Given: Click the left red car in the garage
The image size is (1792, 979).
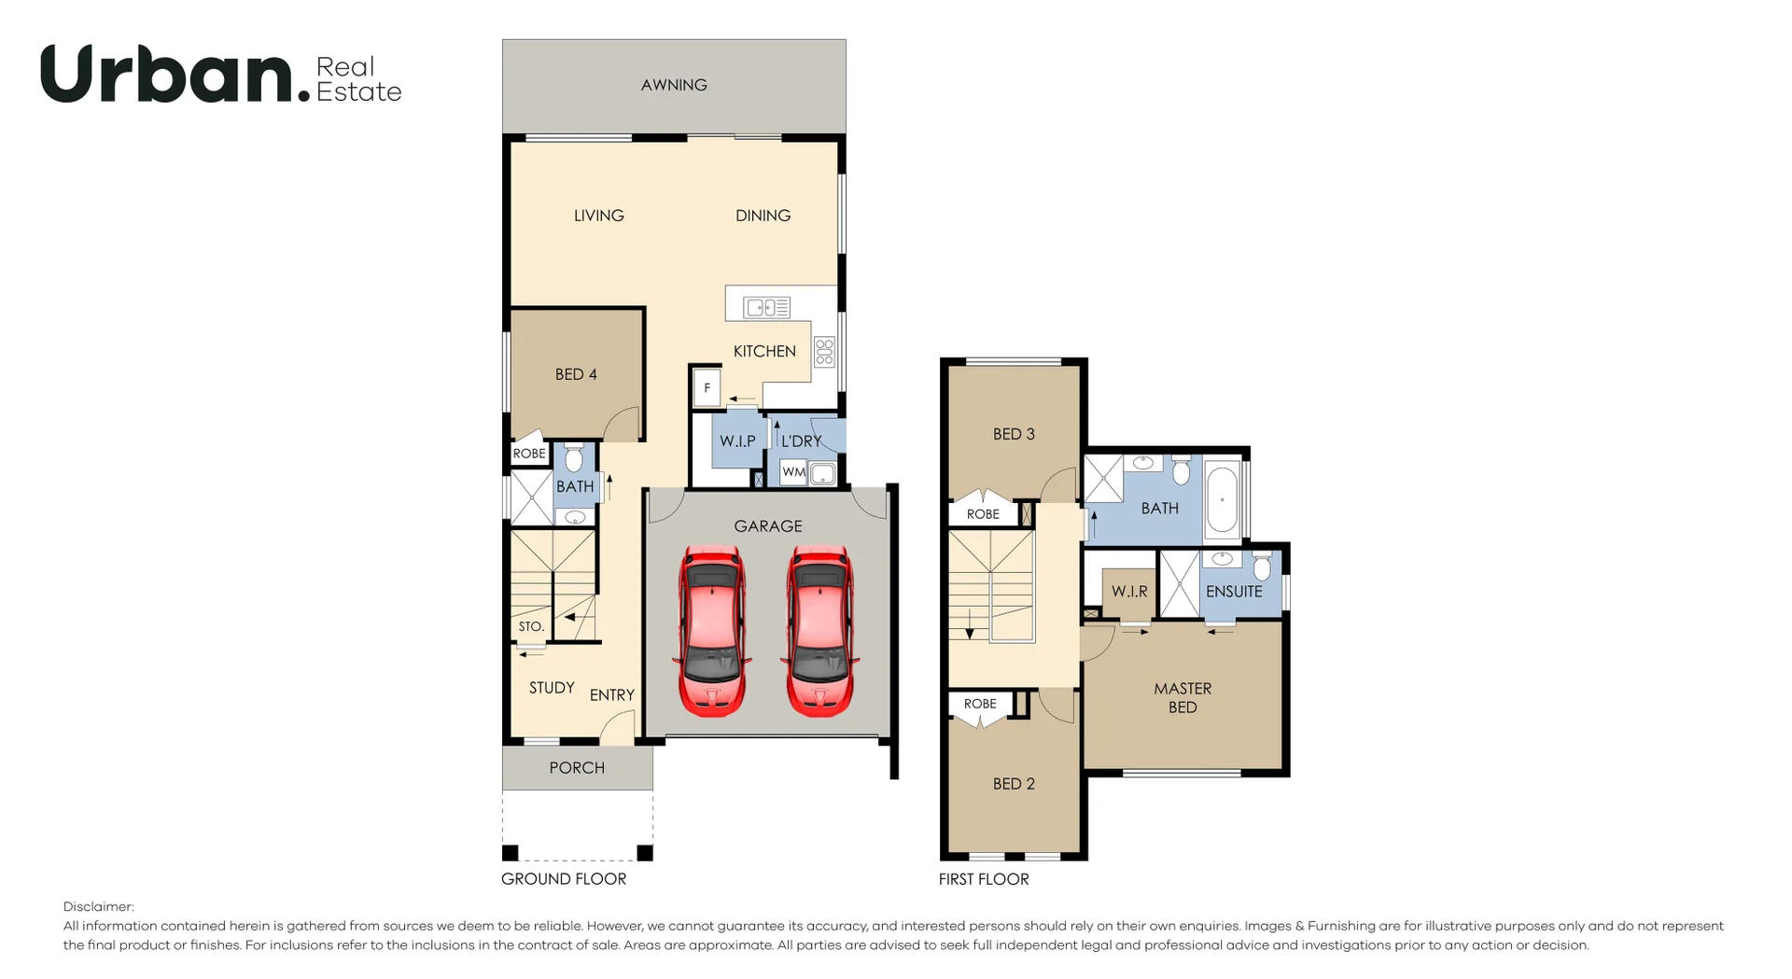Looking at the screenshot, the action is (712, 631).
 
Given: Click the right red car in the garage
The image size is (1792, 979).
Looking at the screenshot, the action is (819, 631).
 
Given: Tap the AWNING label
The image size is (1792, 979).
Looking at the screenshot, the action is (674, 85).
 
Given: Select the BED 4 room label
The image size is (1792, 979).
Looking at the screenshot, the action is (576, 374).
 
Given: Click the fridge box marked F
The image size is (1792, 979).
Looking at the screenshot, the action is (707, 387).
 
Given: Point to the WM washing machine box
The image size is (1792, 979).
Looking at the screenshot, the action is (793, 472).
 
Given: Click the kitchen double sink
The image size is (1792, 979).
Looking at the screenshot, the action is (767, 307).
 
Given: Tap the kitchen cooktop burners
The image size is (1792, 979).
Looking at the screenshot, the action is (824, 351).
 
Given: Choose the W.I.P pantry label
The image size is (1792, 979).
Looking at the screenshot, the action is (737, 441).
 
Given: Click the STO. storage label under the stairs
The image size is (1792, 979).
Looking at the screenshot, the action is (531, 626).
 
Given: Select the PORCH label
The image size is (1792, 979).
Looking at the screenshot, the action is (577, 768).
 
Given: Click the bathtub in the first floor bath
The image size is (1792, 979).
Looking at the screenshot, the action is (1222, 499).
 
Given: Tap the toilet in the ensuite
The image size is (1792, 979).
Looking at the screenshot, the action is (1262, 566).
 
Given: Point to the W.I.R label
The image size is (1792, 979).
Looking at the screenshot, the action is (1129, 592).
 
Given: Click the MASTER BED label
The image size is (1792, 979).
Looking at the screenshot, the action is (1183, 698).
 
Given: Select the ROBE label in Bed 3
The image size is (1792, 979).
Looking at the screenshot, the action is (983, 514).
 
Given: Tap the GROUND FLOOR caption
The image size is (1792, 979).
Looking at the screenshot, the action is (564, 879).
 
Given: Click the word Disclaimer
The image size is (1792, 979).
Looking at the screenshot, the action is (99, 907).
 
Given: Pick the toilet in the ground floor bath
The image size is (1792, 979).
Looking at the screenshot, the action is (574, 457).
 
